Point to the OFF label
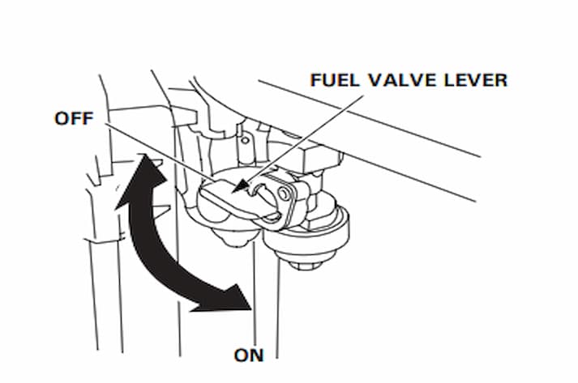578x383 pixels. pyautogui.click(x=75, y=118)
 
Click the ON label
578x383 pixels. pyautogui.click(x=250, y=355)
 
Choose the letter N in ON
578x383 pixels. pyautogui.click(x=258, y=355)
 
